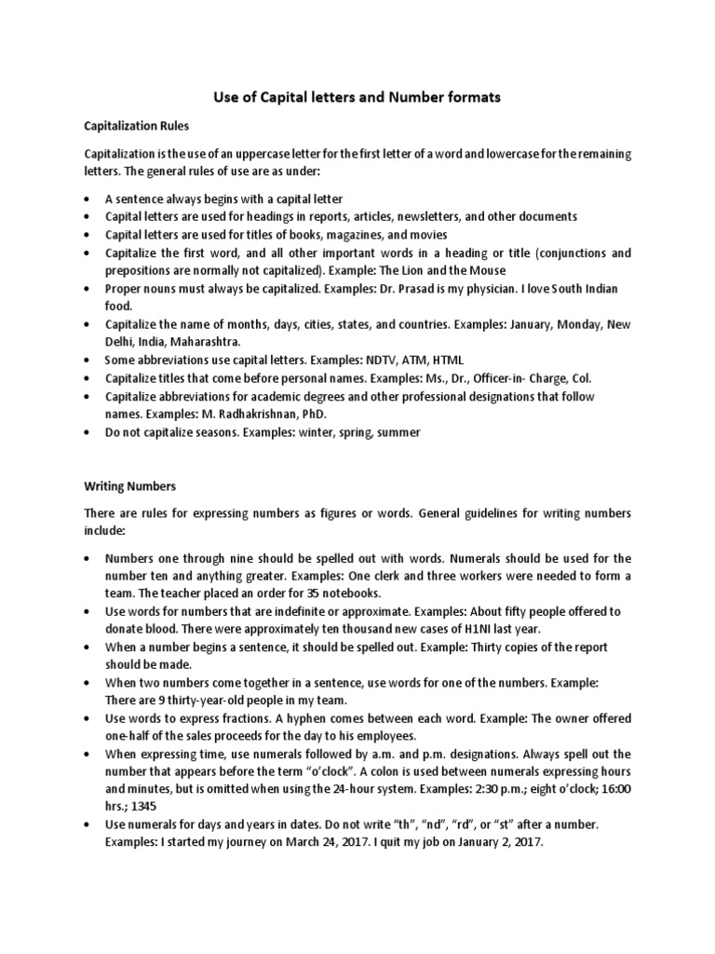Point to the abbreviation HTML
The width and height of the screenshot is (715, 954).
444,360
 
